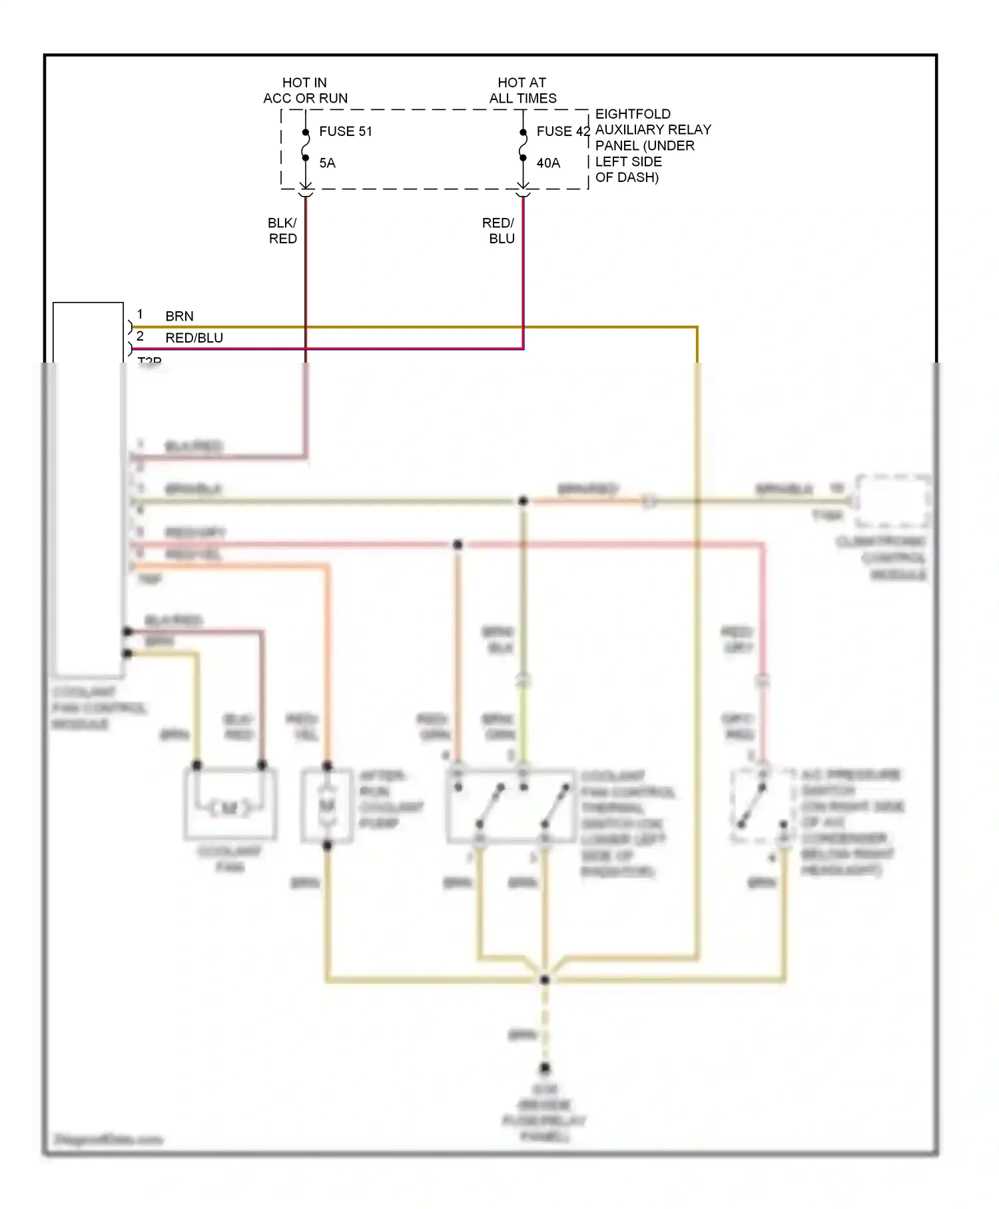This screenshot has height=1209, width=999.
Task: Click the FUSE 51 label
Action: click(345, 131)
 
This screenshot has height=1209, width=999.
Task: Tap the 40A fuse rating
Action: click(548, 163)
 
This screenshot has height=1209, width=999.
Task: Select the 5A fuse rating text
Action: click(327, 163)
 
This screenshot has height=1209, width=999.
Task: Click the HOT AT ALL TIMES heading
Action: click(522, 91)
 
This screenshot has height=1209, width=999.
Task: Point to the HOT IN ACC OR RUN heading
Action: click(305, 91)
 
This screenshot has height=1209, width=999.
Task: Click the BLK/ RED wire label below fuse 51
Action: click(282, 231)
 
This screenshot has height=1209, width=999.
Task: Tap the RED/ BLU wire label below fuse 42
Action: click(499, 231)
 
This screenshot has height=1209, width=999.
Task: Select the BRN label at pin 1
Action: click(179, 316)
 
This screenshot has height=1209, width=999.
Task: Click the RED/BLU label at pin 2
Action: click(194, 338)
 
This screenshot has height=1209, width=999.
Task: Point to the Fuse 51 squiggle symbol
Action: click(306, 145)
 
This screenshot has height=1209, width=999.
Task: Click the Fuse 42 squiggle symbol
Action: click(523, 145)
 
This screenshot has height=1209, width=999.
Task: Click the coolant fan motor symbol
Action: click(230, 808)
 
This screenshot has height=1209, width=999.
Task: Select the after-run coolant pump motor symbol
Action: click(327, 806)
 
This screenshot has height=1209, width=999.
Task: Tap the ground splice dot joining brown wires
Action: click(545, 980)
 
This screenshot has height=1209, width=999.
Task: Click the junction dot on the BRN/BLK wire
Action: click(523, 501)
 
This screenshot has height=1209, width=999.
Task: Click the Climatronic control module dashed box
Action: click(892, 501)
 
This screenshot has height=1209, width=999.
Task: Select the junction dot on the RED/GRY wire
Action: click(458, 545)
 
